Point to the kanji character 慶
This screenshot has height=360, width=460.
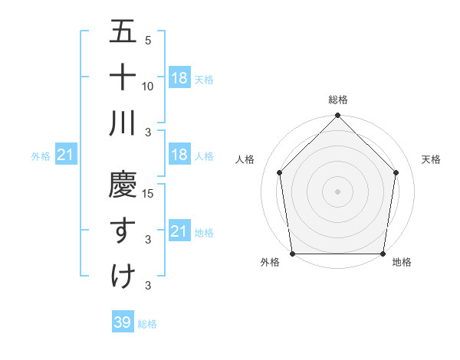(x=123, y=185)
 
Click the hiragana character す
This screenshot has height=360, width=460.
(x=123, y=230)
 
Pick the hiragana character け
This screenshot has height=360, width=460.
(x=123, y=275)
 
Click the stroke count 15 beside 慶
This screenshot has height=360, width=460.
(x=149, y=193)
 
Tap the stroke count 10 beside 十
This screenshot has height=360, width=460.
(x=149, y=86)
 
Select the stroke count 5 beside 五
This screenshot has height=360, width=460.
(x=148, y=41)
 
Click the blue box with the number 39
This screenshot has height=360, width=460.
(x=122, y=322)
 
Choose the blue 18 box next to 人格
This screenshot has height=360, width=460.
(x=179, y=155)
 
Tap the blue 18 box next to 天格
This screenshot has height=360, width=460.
(x=179, y=77)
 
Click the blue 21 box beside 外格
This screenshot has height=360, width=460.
(x=65, y=155)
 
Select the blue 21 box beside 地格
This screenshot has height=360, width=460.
(x=179, y=231)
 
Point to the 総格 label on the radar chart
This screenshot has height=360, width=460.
(x=337, y=100)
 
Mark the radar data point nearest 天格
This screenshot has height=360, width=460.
(x=396, y=172)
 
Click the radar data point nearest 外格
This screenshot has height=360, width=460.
(x=292, y=254)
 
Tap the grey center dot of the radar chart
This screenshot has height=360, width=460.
(x=337, y=191)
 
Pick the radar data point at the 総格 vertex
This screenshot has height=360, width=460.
(x=337, y=116)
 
